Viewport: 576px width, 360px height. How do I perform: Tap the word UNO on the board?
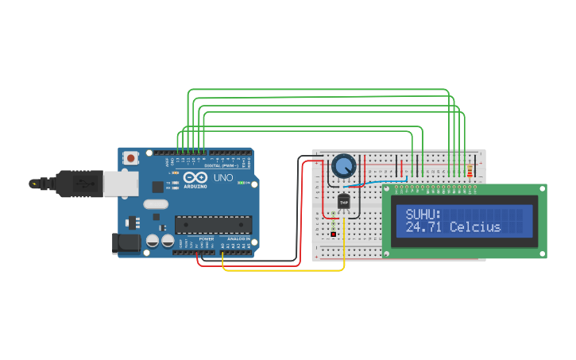[x=224, y=178]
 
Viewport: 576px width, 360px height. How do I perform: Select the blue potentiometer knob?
[x=343, y=166]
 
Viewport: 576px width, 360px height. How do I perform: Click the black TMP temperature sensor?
[x=344, y=203]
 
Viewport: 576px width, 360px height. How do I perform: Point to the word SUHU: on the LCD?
[x=423, y=214]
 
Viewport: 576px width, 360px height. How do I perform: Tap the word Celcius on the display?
[x=475, y=227]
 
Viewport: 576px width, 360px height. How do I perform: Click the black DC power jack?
[x=125, y=242]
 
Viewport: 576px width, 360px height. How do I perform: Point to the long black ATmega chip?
[x=213, y=226]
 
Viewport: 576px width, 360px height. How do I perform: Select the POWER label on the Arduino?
[x=207, y=238]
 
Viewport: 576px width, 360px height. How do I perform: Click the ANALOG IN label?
[x=239, y=238]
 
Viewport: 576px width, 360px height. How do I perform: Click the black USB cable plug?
[x=79, y=184]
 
